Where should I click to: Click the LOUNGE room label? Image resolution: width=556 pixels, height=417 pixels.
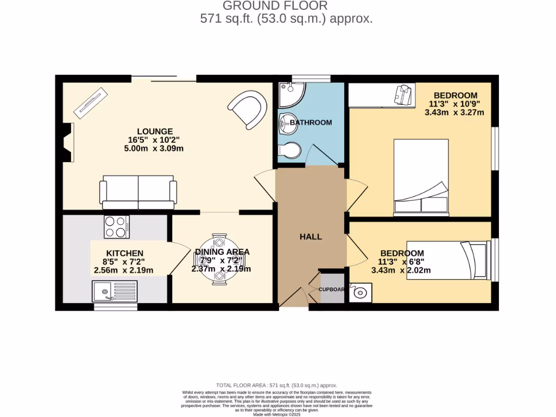(x=155, y=131)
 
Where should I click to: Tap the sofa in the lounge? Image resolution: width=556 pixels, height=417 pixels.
(x=138, y=192)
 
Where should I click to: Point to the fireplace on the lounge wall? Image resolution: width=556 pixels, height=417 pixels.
(x=67, y=143)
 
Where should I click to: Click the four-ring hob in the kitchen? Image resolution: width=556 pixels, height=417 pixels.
(x=117, y=226)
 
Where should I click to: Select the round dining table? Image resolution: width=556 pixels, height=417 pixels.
(x=219, y=260)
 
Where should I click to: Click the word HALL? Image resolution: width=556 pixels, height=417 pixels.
(x=311, y=237)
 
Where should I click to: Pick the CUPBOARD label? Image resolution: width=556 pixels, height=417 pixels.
(x=331, y=289)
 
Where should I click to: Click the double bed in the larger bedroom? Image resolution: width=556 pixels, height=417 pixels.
(x=421, y=176)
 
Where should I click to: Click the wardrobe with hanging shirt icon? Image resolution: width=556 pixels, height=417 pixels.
(x=382, y=96)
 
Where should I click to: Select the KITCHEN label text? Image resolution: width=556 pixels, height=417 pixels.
(x=124, y=253)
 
